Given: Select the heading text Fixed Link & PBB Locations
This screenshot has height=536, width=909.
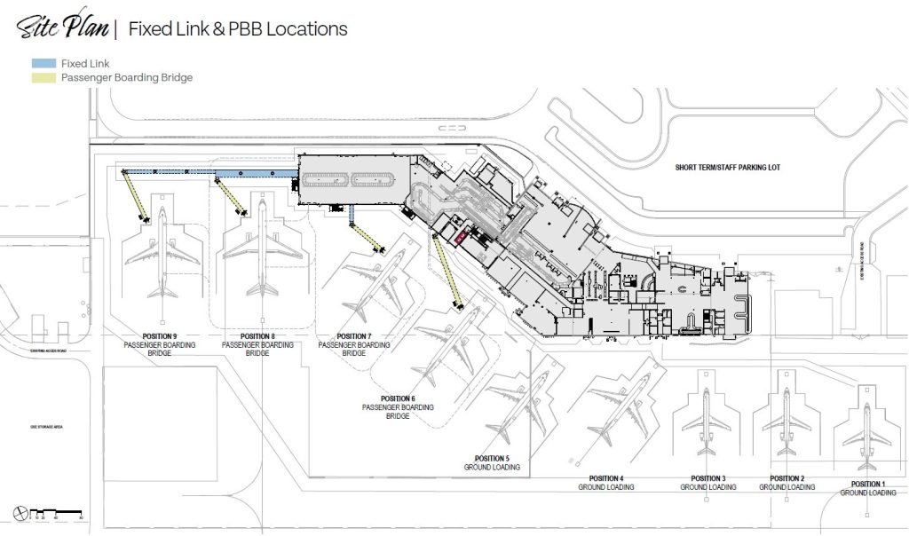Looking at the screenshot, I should (238, 28).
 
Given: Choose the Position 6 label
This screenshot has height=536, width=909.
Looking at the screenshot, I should (398, 406).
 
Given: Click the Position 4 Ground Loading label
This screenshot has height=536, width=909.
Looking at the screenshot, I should (606, 483).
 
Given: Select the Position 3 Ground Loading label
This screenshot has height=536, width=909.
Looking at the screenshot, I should (707, 483).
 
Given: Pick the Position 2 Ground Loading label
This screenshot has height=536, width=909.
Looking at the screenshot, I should (786, 483).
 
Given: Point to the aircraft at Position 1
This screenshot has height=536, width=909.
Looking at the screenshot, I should (866, 426).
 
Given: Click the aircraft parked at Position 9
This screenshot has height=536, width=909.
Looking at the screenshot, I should (163, 253).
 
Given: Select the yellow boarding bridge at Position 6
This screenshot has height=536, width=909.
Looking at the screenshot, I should (446, 272).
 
